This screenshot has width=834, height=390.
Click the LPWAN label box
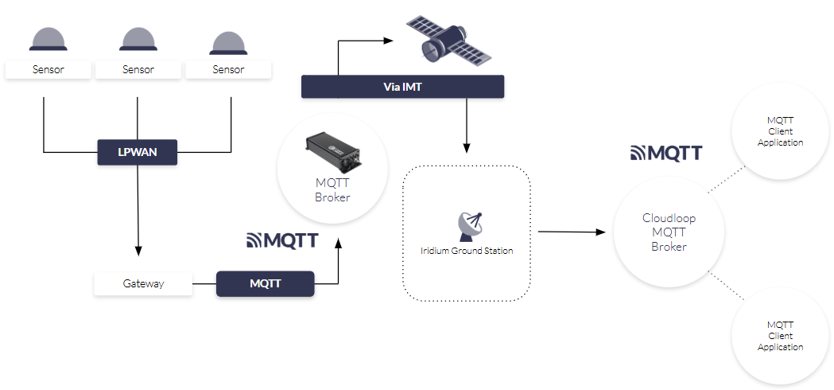pyautogui.click(x=137, y=152)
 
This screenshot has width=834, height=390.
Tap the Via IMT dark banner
pyautogui.click(x=402, y=87)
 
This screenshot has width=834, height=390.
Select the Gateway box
pyautogui.click(x=143, y=284)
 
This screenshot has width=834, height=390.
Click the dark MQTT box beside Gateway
pyautogui.click(x=265, y=284)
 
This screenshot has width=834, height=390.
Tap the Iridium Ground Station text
pyautogui.click(x=467, y=251)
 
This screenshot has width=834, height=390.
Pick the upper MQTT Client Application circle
pyautogui.click(x=780, y=131)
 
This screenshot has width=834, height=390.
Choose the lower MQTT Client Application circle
pyautogui.click(x=780, y=336)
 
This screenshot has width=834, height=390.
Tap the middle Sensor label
pyautogui.click(x=138, y=70)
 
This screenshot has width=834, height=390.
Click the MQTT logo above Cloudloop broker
pyautogui.click(x=666, y=153)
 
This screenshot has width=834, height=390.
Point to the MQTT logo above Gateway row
pyautogui.click(x=282, y=240)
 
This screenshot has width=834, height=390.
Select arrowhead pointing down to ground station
pyautogui.click(x=467, y=148)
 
